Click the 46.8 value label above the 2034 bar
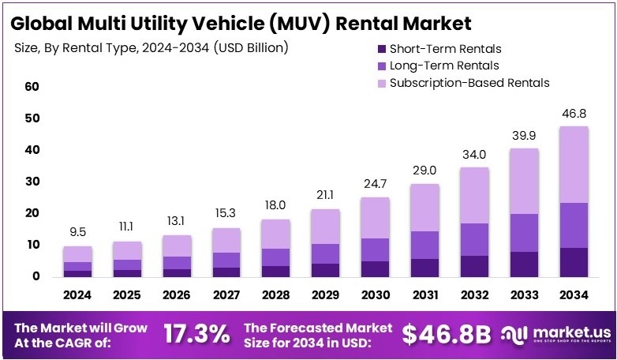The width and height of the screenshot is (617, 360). tap(574, 114)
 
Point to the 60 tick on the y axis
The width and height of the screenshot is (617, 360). tap(32, 87)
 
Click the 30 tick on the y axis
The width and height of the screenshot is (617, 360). tap(32, 182)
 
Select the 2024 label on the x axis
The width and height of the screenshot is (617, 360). tap(78, 295)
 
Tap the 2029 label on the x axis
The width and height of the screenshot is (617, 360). tap(326, 295)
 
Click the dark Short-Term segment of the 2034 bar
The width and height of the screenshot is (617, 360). tap(574, 261)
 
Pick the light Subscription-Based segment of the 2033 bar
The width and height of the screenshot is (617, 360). tap(524, 181)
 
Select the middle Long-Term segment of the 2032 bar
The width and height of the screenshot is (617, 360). tap(474, 239)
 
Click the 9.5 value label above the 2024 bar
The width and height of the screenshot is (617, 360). tap(78, 233)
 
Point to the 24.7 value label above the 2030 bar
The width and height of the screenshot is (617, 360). tap(376, 184)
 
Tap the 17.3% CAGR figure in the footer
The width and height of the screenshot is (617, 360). tap(197, 334)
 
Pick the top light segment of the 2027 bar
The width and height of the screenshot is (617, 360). tap(226, 240)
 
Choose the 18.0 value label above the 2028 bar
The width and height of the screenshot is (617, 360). tap(276, 206)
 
